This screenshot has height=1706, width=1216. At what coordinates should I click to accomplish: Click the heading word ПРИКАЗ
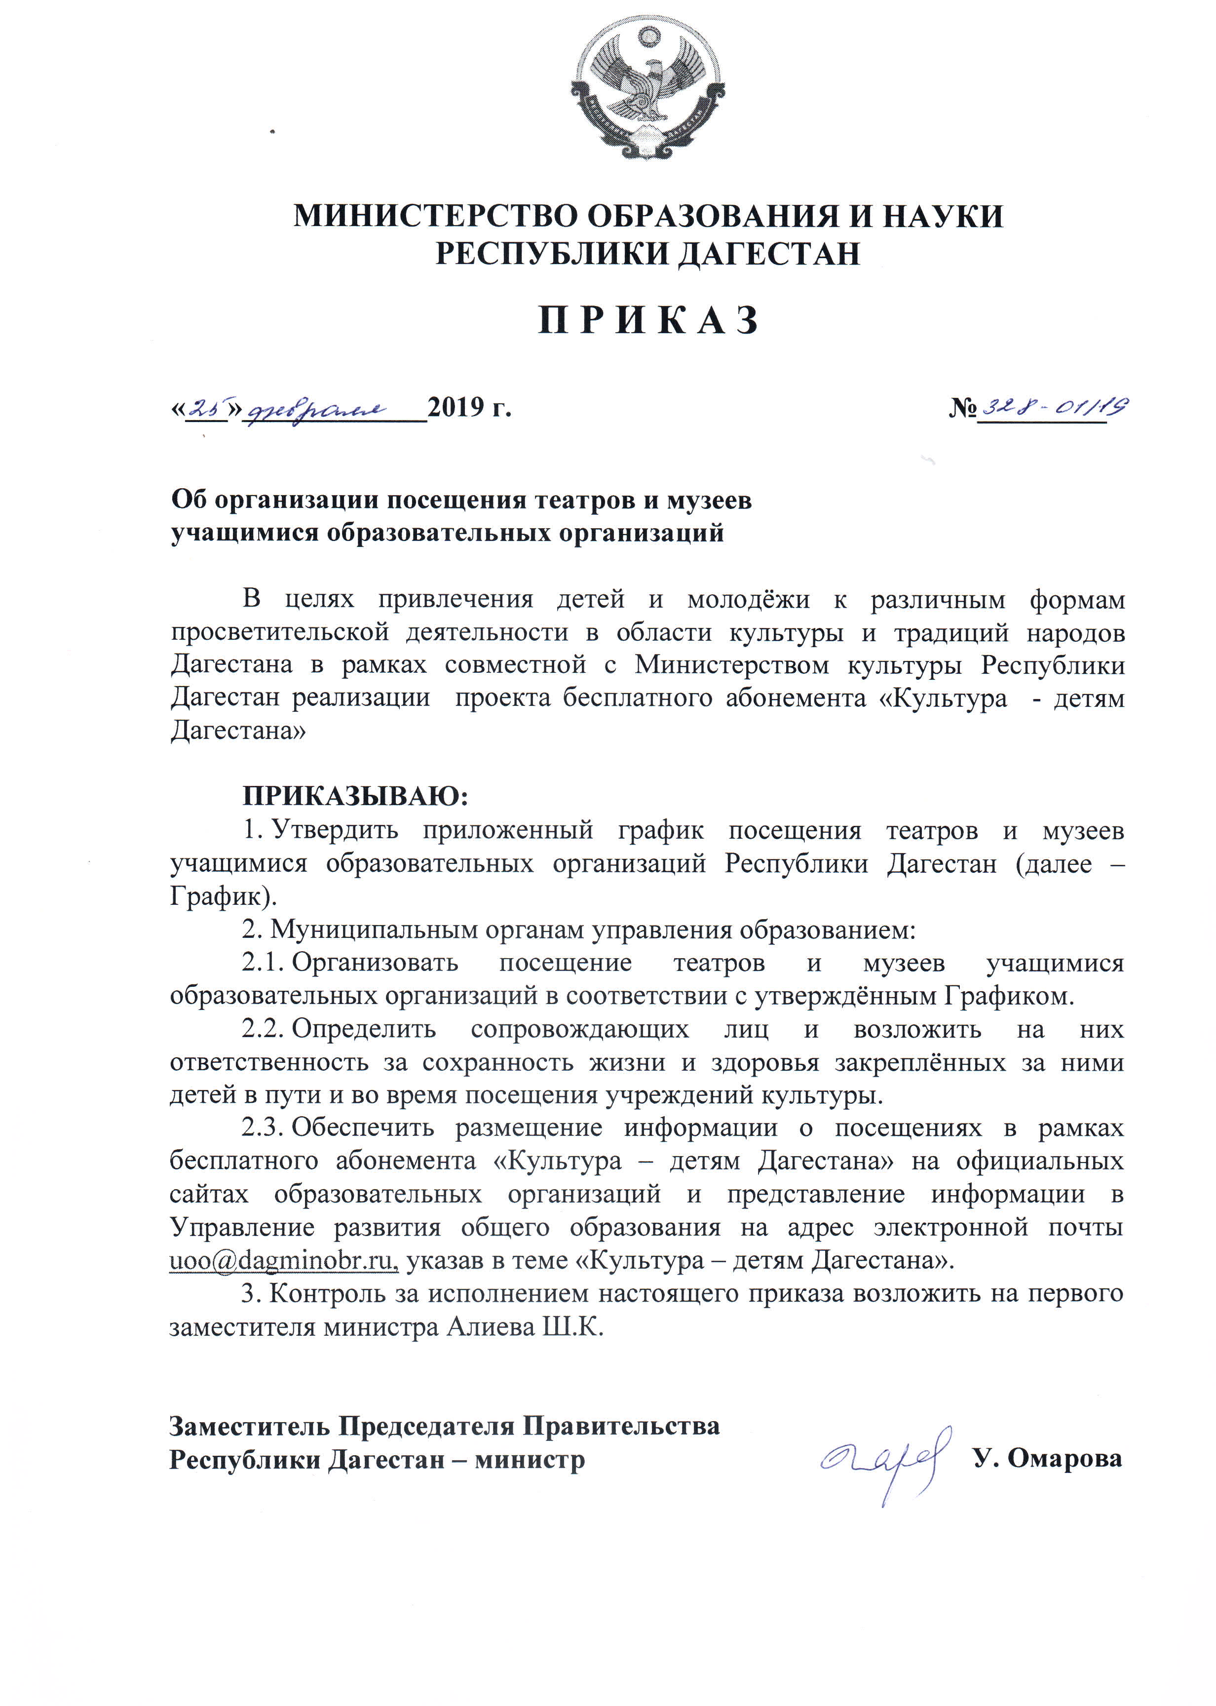point(648,320)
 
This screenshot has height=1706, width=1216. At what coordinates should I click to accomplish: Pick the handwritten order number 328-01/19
point(1055,407)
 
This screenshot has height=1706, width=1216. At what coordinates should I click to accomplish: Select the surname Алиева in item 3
point(490,1327)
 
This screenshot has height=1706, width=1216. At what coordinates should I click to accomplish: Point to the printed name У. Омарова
point(1048,1458)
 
